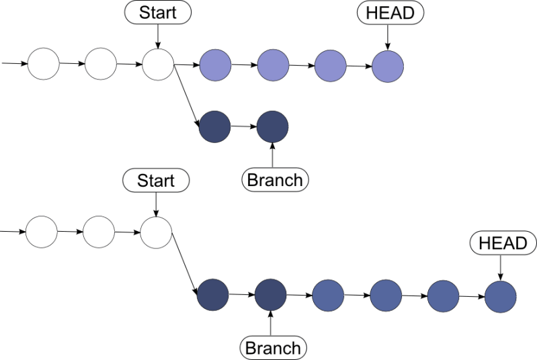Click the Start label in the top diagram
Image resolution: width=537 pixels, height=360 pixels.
pyautogui.click(x=157, y=11)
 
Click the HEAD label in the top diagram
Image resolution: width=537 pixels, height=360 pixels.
pyautogui.click(x=390, y=12)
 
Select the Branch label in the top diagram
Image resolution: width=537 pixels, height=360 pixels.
pyautogui.click(x=274, y=179)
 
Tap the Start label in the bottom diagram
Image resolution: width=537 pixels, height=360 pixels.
pyautogui.click(x=155, y=180)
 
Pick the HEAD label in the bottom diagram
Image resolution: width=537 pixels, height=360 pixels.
pyautogui.click(x=503, y=242)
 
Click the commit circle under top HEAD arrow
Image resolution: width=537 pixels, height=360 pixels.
pyautogui.click(x=388, y=66)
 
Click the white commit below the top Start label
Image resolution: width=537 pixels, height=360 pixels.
pyautogui.click(x=158, y=65)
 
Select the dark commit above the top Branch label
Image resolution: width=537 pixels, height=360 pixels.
pyautogui.click(x=273, y=126)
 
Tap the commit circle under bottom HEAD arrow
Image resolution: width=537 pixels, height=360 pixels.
pyautogui.click(x=501, y=296)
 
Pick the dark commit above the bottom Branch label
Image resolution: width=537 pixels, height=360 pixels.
pyautogui.click(x=271, y=294)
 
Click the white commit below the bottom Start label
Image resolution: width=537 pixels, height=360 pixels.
pyautogui.click(x=157, y=233)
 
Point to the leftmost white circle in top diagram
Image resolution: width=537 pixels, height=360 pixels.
pyautogui.click(x=44, y=65)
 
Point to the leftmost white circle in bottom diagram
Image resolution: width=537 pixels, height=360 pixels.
pyautogui.click(x=42, y=233)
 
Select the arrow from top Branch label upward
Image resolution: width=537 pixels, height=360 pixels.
pyautogui.click(x=273, y=154)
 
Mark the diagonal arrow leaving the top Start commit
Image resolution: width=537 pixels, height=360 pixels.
pyautogui.click(x=185, y=95)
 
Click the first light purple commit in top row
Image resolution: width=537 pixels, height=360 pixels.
pyautogui.click(x=215, y=65)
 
